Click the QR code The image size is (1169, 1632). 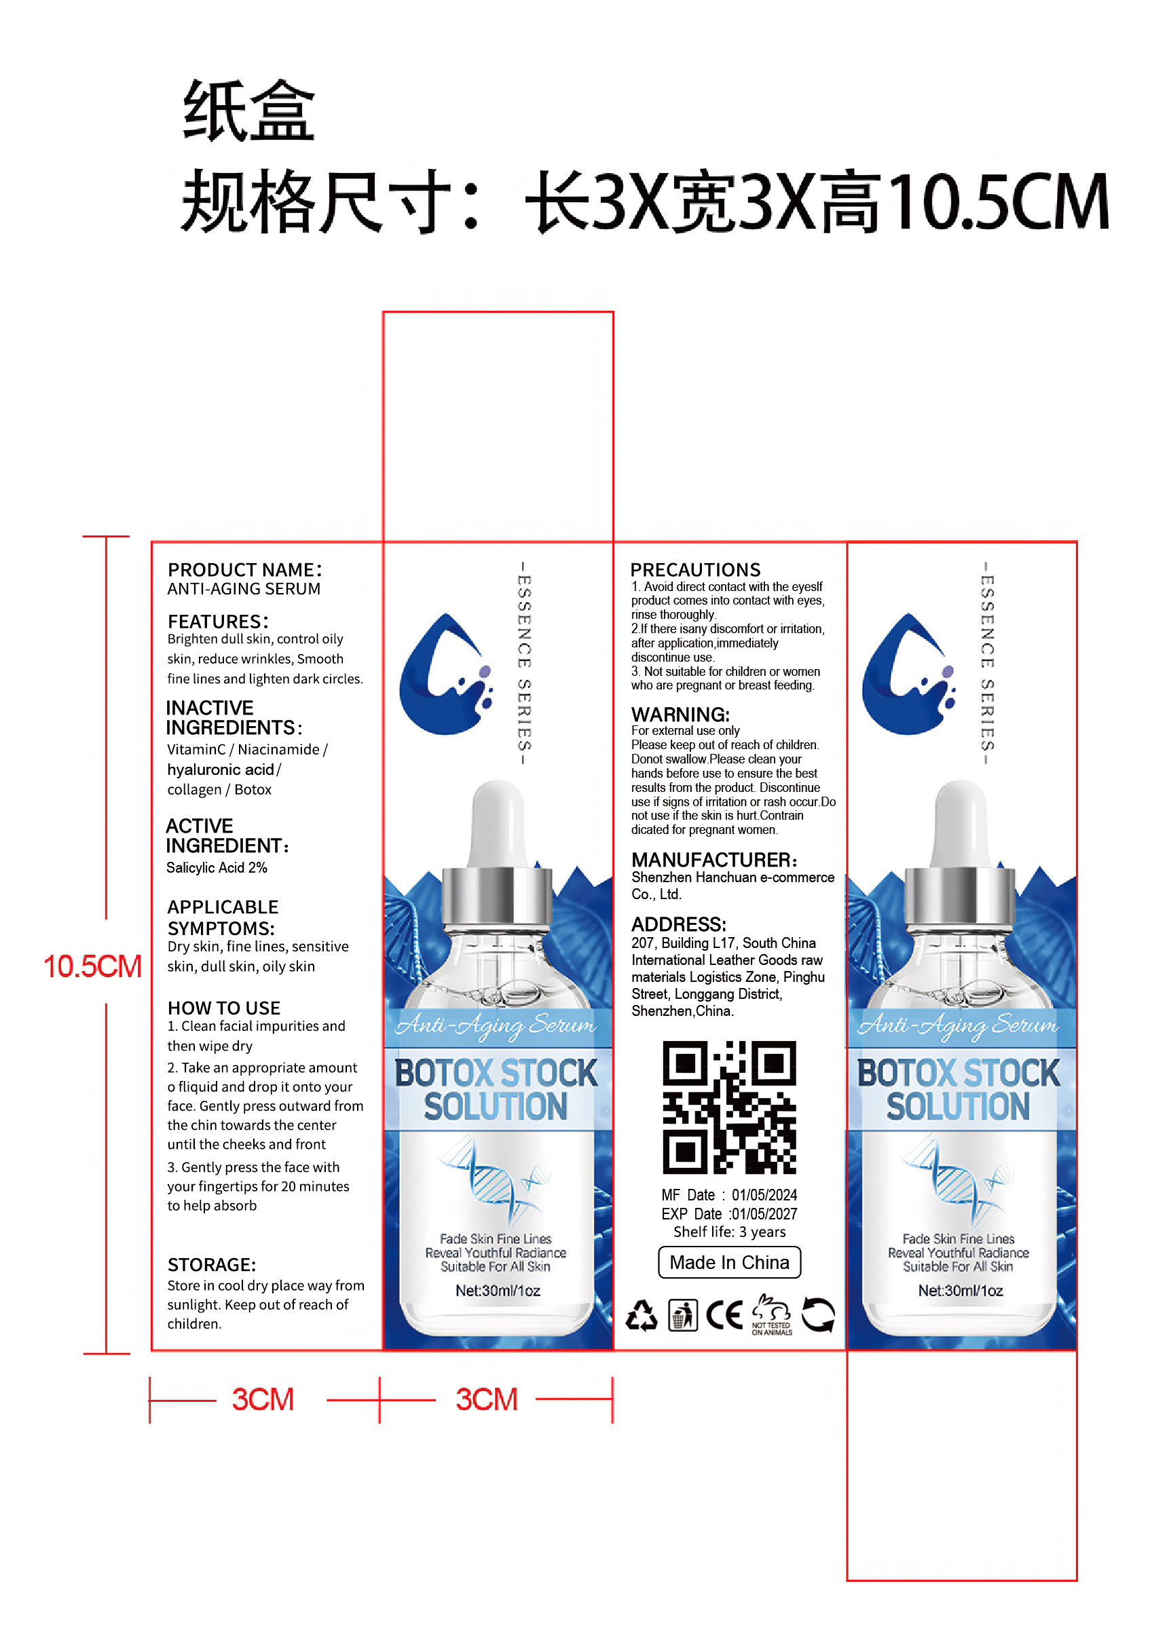point(729,1107)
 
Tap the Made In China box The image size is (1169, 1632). point(729,1262)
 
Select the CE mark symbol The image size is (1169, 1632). point(724,1315)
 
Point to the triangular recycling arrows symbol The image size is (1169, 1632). point(641,1315)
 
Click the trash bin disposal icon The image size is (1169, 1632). point(682,1315)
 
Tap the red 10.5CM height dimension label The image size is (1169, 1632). point(92,966)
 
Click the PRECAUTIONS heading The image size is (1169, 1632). point(695,570)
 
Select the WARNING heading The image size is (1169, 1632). point(680,715)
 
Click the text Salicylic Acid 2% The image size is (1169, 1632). point(217,868)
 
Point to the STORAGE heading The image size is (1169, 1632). point(212,1265)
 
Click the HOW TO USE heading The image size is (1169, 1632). point(224,1008)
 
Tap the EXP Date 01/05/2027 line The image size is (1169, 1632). point(729,1214)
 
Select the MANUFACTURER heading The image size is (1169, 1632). point(714,860)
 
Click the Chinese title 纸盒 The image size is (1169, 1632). point(248,110)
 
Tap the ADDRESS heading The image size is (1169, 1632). point(679,925)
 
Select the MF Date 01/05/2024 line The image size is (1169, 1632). point(729,1195)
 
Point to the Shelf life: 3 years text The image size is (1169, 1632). point(729,1232)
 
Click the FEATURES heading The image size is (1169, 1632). point(218,622)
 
